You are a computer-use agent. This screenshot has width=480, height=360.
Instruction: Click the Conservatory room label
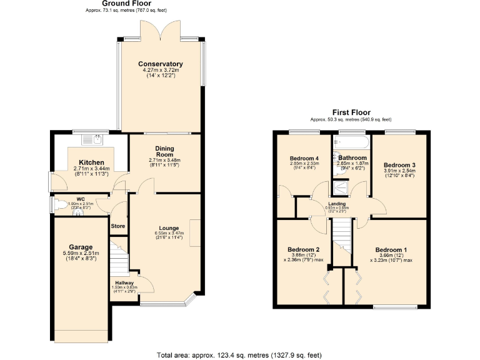(161, 64)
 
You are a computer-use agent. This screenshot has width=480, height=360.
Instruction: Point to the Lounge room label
(164, 227)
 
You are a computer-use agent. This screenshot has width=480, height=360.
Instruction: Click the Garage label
(81, 247)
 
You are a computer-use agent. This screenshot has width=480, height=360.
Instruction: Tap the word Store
(117, 226)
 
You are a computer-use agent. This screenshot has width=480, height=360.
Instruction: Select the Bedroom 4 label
(304, 157)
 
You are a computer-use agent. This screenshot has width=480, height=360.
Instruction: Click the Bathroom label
(352, 158)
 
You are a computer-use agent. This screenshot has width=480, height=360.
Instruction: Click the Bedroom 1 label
(391, 249)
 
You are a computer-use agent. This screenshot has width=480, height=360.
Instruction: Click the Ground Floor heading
(126, 4)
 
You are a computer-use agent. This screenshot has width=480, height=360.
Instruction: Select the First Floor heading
(351, 113)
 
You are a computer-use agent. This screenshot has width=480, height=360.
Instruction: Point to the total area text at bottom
(239, 354)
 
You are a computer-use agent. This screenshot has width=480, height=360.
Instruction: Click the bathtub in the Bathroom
(352, 142)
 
